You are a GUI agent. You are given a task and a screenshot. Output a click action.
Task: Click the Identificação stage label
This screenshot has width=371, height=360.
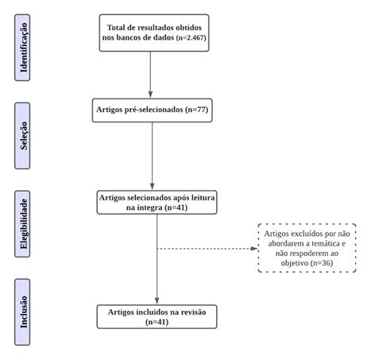24,48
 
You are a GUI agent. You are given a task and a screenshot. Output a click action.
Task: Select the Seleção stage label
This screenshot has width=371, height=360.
24,136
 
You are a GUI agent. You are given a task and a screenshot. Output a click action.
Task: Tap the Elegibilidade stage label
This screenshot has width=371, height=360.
24,224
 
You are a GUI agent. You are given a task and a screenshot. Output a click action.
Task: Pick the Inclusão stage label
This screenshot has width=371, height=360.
24,312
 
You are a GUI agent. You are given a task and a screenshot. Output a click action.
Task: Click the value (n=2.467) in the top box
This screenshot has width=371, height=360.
191,37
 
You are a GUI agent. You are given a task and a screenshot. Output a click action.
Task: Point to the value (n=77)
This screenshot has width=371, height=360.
197,110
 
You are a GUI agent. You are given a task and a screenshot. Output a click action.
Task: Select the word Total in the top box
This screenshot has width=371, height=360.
116,28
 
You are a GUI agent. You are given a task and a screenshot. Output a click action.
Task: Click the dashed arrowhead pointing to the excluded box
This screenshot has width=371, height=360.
254,249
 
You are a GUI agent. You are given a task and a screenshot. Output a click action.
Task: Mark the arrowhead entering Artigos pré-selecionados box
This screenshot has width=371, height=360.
150,95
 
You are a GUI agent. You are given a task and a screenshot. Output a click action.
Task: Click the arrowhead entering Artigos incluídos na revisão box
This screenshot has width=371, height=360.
157,301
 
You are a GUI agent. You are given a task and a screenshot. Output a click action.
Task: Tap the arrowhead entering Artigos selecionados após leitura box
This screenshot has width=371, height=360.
152,187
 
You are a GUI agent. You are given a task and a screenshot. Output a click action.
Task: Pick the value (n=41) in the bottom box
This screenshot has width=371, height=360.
157,322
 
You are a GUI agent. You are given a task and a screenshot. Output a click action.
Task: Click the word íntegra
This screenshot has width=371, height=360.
149,207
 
